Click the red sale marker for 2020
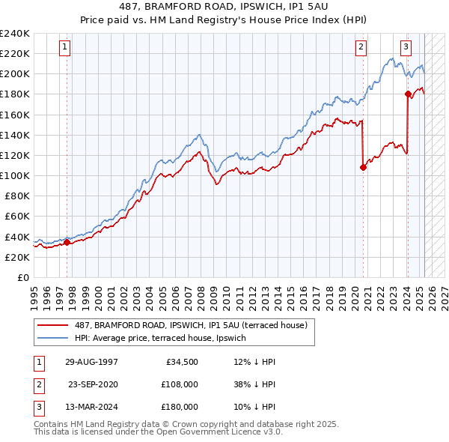363,167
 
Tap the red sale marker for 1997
67,242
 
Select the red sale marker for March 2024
408,94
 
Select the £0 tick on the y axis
22,277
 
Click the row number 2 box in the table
37,384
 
